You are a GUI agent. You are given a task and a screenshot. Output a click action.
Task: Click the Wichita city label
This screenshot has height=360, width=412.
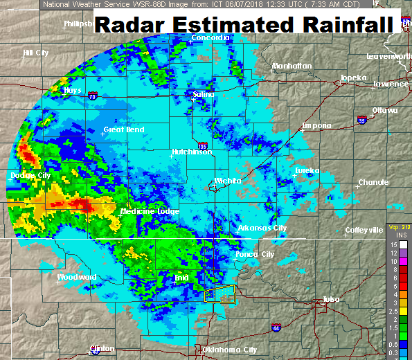[228, 181]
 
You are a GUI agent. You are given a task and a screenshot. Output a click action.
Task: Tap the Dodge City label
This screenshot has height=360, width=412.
[30, 176]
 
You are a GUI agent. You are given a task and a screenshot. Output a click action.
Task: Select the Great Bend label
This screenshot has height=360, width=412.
[123, 129]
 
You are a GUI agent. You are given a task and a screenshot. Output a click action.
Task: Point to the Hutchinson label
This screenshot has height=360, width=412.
[192, 152]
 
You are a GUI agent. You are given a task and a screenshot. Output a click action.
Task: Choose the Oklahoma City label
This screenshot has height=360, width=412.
[229, 350]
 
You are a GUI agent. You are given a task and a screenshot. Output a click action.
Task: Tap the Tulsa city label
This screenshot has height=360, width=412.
[331, 299]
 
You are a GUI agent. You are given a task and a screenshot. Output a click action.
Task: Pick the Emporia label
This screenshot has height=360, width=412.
[316, 125]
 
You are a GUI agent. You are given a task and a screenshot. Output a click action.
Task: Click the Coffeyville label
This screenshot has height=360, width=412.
[364, 230]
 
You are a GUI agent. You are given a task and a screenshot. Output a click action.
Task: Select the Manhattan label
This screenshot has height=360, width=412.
[292, 66]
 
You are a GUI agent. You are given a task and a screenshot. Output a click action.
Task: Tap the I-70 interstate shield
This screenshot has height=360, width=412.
[92, 98]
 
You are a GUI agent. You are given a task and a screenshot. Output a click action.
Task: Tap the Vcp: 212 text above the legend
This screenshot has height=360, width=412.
[400, 227]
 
